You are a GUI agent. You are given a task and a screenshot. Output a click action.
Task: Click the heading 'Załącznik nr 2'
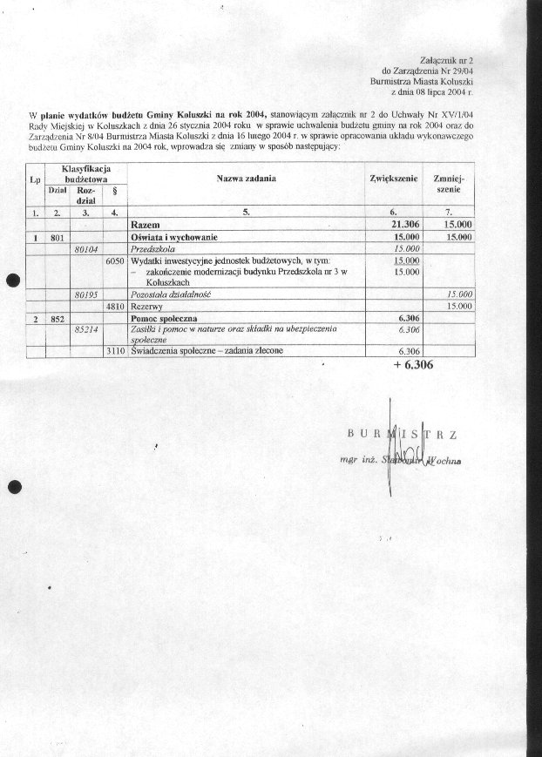click(x=457, y=55)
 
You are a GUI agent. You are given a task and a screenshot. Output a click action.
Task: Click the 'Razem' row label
click(x=145, y=225)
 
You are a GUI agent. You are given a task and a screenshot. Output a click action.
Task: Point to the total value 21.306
click(x=401, y=225)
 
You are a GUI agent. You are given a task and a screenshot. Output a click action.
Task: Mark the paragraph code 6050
click(x=115, y=260)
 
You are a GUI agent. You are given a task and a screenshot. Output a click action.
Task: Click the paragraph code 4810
click(x=115, y=307)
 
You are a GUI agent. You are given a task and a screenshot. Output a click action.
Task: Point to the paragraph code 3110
click(x=115, y=351)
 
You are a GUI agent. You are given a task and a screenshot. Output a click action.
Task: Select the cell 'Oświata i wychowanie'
click(x=173, y=237)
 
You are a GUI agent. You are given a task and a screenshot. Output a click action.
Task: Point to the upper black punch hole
click(x=13, y=280)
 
